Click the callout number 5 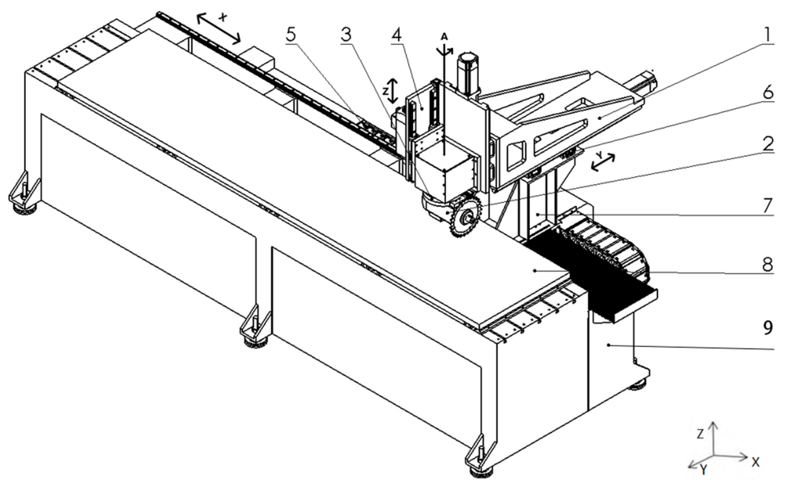tap(291, 35)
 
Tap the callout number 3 tap(346, 35)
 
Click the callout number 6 tap(768, 93)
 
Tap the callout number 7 tap(768, 206)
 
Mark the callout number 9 tap(768, 328)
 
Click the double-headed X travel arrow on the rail tap(218, 29)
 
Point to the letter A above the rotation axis tap(444, 37)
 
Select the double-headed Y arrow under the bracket tap(603, 162)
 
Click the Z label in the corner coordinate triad tap(700, 434)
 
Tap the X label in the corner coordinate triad tap(756, 462)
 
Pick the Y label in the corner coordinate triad tap(703, 471)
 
